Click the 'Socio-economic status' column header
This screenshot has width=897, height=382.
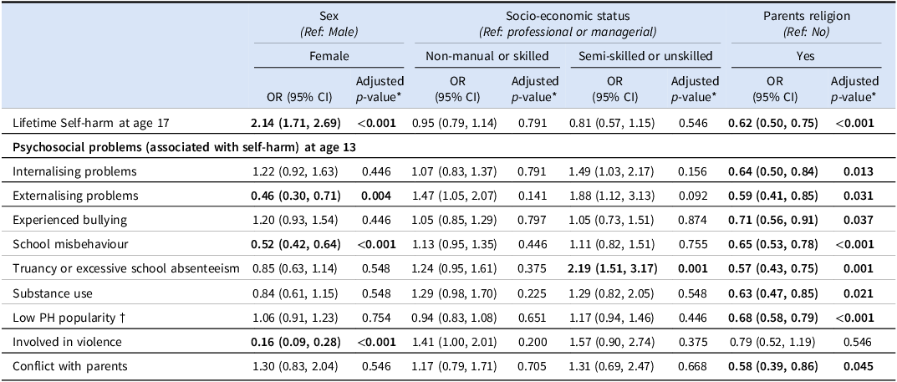566,16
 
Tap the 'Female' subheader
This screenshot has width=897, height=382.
329,56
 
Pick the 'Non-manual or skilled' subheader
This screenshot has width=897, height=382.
487,56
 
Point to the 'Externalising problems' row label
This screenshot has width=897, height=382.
75,196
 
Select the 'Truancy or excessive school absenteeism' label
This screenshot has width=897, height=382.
126,269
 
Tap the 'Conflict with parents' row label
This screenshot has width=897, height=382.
69,366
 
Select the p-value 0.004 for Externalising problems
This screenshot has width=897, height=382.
376,196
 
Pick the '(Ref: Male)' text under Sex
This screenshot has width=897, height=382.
329,32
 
